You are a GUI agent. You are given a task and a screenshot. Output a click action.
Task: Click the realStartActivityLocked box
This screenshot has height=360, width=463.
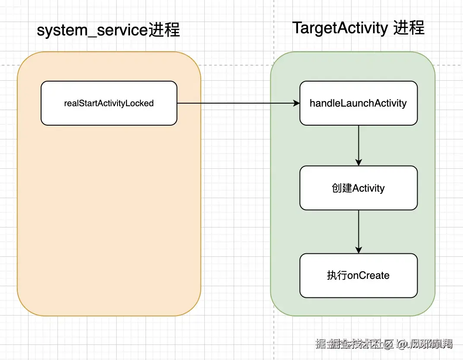click(109, 103)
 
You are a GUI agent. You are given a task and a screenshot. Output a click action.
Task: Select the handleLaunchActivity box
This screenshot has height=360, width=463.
click(358, 103)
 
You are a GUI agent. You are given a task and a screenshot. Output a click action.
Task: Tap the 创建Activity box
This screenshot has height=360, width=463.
click(358, 188)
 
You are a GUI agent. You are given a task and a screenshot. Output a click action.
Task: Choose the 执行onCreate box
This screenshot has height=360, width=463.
click(358, 275)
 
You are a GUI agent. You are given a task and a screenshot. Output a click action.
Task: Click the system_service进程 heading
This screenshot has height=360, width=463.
click(108, 31)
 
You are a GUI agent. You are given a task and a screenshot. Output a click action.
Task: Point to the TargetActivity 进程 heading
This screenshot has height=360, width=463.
click(358, 28)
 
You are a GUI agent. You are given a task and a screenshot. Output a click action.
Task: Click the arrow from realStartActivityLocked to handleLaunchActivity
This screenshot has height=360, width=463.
click(238, 103)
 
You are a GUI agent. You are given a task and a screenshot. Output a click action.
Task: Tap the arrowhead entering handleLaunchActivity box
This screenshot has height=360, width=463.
click(296, 103)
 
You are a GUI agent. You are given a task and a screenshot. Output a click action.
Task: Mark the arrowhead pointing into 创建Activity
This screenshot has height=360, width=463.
click(358, 162)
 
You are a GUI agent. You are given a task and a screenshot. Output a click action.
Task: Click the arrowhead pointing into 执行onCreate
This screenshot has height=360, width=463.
click(358, 249)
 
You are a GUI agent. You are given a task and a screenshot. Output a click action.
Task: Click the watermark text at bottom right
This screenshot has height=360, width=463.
click(384, 344)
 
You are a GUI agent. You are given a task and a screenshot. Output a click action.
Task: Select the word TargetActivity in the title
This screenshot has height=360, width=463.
click(340, 28)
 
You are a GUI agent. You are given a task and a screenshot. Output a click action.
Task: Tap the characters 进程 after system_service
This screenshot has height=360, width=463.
click(164, 31)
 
